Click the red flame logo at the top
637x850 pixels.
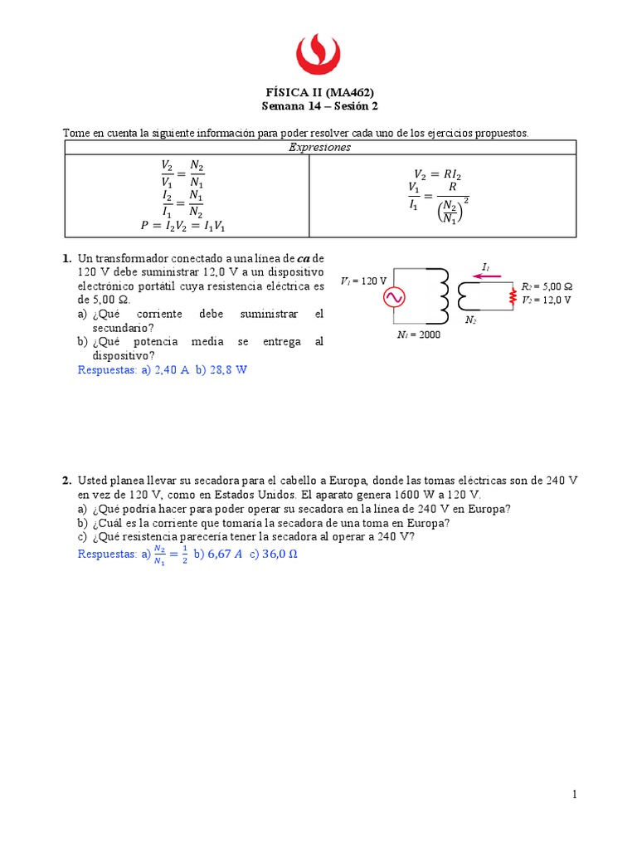[x=318, y=53]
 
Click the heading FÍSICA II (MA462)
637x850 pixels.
[x=318, y=92]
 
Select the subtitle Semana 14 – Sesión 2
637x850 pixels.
[x=318, y=106]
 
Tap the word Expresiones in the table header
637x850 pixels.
[x=319, y=147]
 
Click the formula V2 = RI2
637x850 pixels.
[x=441, y=173]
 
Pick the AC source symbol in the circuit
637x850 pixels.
[x=392, y=296]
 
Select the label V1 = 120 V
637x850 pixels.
[x=363, y=281]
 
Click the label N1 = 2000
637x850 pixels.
[x=419, y=335]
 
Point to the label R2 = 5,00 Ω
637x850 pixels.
[x=547, y=287]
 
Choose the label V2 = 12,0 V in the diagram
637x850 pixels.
[x=547, y=300]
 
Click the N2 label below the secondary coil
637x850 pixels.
[x=470, y=320]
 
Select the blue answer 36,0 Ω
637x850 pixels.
[x=280, y=554]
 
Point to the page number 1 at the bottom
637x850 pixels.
[x=573, y=794]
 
